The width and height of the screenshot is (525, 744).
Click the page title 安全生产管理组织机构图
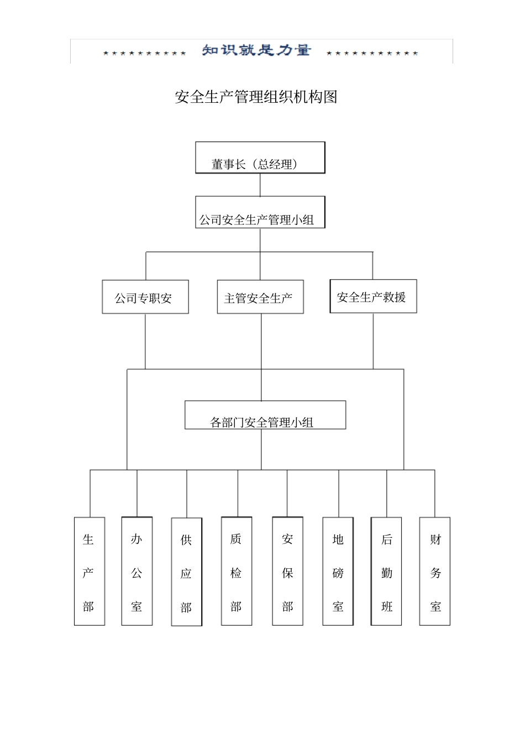coord(256,97)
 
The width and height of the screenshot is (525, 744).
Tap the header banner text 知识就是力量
coord(256,51)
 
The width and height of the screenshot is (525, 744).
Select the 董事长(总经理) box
coord(260,158)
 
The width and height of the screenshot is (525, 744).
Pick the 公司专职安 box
coord(145,297)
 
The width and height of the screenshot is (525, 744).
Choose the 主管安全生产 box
coord(260,297)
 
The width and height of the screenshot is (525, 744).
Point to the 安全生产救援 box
coord(373,297)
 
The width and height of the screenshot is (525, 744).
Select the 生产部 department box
coord(90,572)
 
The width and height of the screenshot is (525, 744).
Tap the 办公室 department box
coord(137,572)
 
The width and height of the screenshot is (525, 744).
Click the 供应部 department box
coord(187,572)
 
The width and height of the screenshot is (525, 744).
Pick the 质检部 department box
coord(237,572)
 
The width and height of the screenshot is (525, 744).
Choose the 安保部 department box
coord(287,572)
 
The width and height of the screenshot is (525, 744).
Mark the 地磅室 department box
coord(338,572)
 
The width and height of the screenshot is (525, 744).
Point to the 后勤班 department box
coord(386,572)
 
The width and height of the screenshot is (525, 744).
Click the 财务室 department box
coord(435,572)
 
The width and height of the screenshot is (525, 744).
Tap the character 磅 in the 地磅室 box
coord(338,573)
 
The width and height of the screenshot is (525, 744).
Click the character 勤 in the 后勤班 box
coord(387,573)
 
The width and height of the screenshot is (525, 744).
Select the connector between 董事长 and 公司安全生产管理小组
coord(260,185)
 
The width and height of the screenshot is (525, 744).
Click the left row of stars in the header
coord(145,54)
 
